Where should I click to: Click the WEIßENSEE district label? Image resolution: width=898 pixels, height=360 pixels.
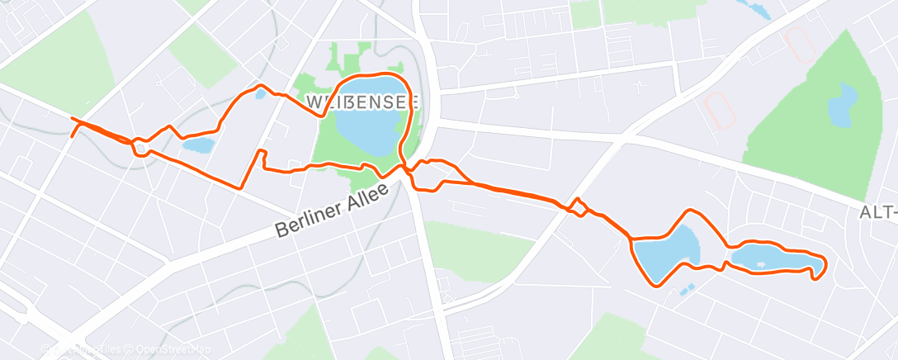[x=362, y=102]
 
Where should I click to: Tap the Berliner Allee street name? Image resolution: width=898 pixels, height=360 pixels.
[x=331, y=216]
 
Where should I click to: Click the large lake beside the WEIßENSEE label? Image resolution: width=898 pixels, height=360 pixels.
[x=371, y=117]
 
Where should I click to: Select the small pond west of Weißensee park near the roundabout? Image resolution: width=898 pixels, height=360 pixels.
[x=198, y=146]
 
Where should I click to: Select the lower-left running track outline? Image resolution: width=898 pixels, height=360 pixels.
[x=721, y=110]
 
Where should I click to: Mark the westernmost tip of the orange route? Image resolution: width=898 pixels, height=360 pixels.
[x=72, y=121]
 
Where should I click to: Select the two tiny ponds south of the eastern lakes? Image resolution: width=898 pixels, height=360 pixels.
[x=687, y=289]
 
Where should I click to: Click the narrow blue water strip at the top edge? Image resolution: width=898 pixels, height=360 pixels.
[x=756, y=8]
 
